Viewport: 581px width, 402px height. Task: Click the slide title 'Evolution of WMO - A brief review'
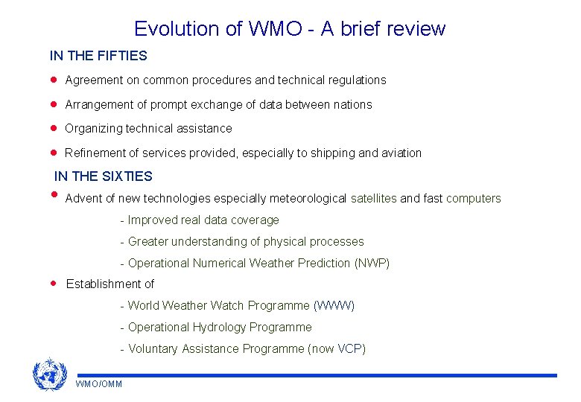coord(290,29)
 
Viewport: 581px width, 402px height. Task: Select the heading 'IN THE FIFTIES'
coord(98,56)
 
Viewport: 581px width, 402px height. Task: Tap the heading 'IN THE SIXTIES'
coord(104,176)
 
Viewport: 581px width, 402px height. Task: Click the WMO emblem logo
coord(50,374)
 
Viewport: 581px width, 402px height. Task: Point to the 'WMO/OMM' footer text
coord(99,383)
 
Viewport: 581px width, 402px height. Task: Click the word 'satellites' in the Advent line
coord(373,199)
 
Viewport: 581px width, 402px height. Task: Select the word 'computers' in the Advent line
coord(474,199)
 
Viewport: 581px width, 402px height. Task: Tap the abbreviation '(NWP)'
coord(372,264)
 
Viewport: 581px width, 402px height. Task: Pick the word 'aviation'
coord(401,153)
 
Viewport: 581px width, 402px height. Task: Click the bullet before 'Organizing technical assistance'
coord(54,128)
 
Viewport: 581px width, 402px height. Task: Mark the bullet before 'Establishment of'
coord(54,284)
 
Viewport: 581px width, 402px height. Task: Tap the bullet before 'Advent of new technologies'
coord(54,196)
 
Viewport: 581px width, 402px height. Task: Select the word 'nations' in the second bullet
coord(352,105)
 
